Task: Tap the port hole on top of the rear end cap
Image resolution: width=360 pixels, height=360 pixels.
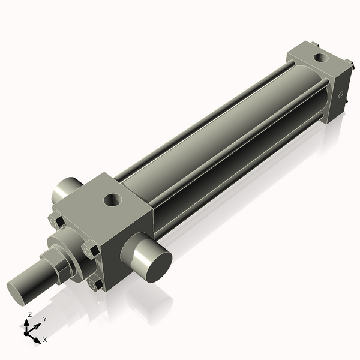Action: coord(320,59)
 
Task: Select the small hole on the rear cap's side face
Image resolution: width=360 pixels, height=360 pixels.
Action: coord(341,94)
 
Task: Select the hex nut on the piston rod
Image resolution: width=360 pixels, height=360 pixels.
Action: coord(63,268)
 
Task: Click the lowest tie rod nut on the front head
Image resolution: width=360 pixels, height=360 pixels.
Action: coord(93,284)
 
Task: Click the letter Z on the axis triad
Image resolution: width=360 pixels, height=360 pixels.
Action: coord(30,315)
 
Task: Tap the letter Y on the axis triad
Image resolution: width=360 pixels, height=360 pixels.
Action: coord(44,319)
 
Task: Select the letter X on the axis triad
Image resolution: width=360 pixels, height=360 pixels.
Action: coord(45,340)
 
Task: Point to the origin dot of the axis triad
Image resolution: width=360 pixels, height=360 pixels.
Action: coord(28,331)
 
